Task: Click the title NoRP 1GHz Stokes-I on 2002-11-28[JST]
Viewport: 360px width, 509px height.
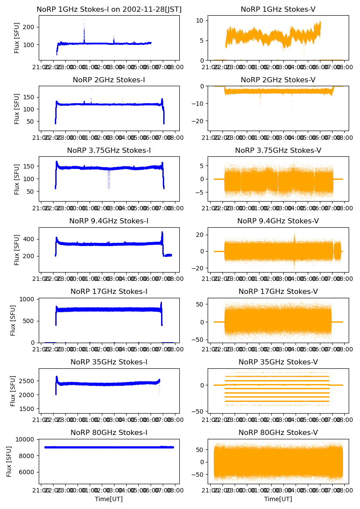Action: [109, 10]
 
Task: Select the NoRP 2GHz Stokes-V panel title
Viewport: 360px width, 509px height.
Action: [278, 80]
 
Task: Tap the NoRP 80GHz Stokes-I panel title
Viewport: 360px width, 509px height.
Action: [109, 433]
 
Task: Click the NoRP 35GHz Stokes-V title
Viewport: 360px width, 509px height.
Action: [278, 362]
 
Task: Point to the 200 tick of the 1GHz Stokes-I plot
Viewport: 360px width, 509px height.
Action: [30, 27]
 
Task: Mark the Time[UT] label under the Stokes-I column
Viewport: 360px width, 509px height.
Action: [109, 499]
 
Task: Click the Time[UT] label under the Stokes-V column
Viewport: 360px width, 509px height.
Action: [278, 499]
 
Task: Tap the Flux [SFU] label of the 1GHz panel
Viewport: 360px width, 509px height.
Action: [17, 38]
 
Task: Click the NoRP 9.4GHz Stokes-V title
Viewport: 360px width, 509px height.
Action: [278, 221]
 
